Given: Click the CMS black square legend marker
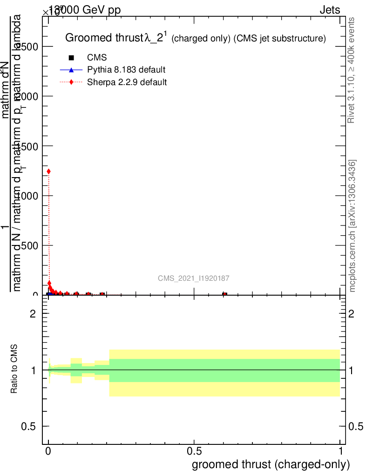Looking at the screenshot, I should tap(71, 58).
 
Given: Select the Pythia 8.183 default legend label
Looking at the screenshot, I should tap(126, 70).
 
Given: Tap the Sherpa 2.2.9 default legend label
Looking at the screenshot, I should tap(127, 82).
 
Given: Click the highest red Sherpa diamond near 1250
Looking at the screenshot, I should tap(49, 172).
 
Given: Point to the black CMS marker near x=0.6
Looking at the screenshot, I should tap(224, 294).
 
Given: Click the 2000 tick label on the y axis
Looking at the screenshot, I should tap(27, 96).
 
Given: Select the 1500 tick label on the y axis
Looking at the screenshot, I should tap(27, 146).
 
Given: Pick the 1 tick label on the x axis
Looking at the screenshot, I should tap(340, 451).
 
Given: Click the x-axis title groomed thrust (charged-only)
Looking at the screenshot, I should tap(271, 464).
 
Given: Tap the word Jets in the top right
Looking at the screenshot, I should tap(330, 10).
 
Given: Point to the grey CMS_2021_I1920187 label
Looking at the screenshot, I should tap(193, 278).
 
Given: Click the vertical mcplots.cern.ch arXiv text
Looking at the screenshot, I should tap(352, 226).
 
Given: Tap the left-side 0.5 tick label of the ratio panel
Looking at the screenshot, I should tap(33, 426).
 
